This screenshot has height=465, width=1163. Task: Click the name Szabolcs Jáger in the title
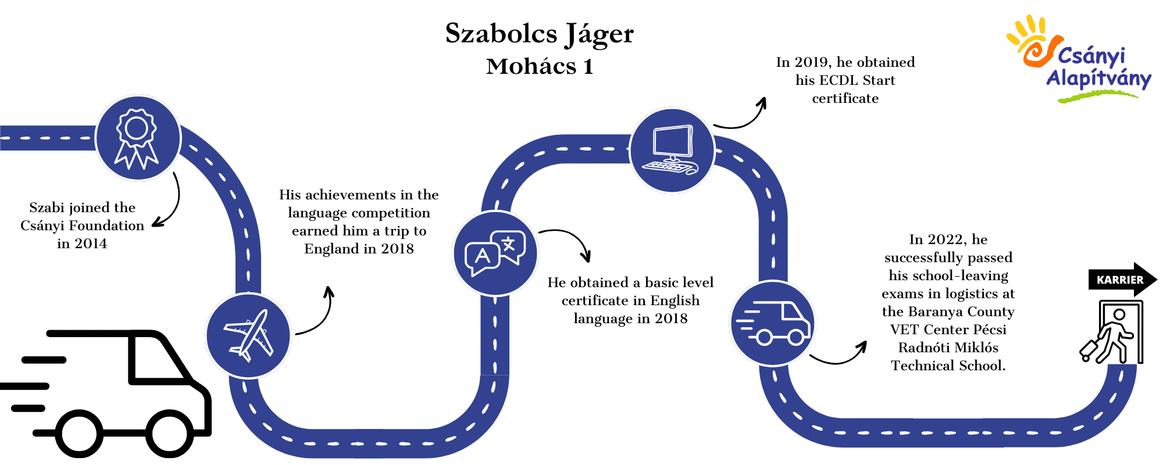click(539, 34)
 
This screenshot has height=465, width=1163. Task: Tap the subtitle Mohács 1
click(540, 66)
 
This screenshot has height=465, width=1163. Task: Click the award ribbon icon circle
click(138, 138)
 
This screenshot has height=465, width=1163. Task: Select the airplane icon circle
click(248, 335)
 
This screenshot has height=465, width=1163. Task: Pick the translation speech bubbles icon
click(495, 253)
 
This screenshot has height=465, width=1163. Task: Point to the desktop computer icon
click(672, 150)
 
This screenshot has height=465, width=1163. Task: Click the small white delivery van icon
click(772, 323)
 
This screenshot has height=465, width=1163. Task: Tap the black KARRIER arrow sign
click(1122, 280)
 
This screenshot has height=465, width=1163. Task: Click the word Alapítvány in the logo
click(1098, 78)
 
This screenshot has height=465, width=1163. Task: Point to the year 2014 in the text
click(90, 244)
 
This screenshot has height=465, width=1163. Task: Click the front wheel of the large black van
click(169, 434)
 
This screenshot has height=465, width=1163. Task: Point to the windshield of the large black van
click(158, 358)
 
